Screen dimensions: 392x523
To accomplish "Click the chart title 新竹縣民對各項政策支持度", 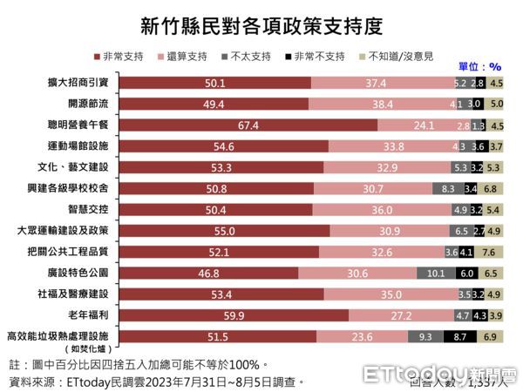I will click(x=261, y=23).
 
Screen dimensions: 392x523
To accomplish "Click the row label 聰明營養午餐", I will click(x=81, y=125).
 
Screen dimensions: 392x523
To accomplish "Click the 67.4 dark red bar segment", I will click(x=248, y=125).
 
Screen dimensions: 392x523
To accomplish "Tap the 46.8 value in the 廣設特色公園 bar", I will click(x=231, y=273).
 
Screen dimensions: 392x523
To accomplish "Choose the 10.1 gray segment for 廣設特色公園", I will click(x=436, y=273).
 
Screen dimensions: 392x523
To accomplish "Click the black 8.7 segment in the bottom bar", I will click(x=460, y=336).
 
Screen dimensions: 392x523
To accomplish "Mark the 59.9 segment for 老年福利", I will click(x=234, y=314).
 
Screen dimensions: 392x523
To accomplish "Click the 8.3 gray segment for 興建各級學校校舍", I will click(x=447, y=188).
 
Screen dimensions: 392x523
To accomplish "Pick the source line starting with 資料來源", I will click(x=157, y=381).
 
